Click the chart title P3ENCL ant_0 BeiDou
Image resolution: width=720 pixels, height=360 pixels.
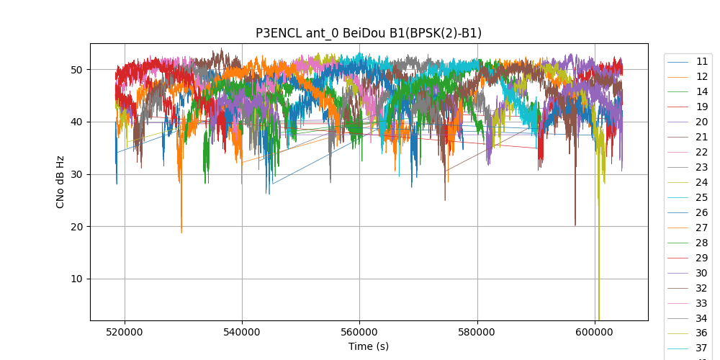coord(369,33)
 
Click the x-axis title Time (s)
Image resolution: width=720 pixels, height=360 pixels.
coord(369,346)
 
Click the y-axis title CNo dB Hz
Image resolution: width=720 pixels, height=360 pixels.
coord(60,181)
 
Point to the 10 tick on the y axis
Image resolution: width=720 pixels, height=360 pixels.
coord(76,279)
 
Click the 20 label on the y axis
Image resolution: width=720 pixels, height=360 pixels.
coord(76,227)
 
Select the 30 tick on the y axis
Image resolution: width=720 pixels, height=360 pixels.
coord(76,174)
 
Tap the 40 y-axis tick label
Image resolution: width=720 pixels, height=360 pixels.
coord(76,122)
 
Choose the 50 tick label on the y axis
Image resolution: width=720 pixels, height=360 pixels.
coord(76,70)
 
